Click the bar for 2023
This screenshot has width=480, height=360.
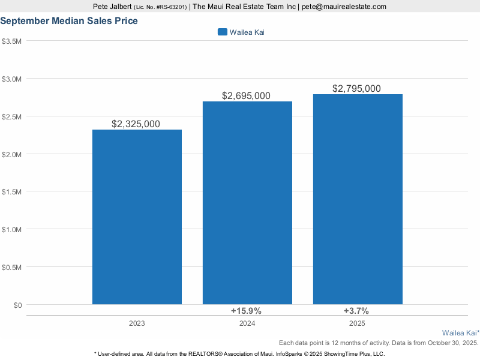pos(137,217)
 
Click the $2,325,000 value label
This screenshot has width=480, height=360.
pos(136,124)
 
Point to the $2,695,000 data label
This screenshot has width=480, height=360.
pos(246,96)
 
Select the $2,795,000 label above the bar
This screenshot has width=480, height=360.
pos(356,89)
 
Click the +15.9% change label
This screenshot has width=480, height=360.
pos(246,311)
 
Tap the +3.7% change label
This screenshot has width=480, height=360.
pos(356,311)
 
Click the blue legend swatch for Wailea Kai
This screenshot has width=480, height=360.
pos(222,32)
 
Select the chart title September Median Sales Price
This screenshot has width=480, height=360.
pos(69,21)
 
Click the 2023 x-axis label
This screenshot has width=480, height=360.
pos(137,324)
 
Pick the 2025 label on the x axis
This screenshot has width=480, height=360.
pos(358,324)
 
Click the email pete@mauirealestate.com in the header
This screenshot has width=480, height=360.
pos(343,7)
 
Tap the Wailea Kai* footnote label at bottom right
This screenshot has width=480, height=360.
pos(460,332)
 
